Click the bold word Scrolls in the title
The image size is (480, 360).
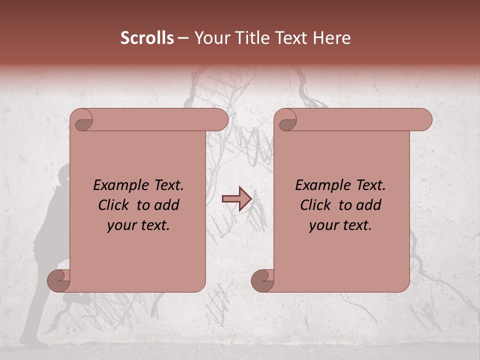147,38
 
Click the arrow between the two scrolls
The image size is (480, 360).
236,199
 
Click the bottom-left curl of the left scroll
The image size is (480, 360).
59,280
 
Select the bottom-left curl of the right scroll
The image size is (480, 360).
263,280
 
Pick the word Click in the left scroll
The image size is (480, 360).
113,205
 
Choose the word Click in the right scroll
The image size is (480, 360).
315,205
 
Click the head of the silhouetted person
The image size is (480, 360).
64,175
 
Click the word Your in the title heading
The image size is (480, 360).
210,38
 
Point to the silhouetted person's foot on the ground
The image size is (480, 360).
35,344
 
